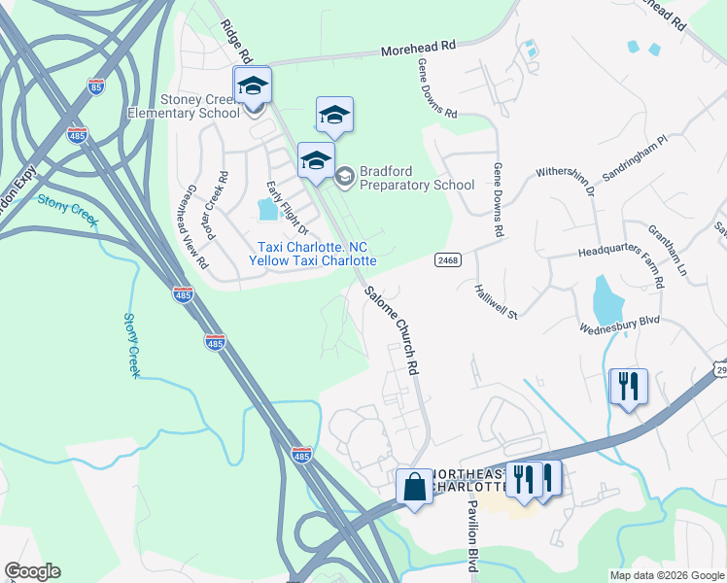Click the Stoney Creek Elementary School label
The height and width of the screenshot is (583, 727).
coord(184,107)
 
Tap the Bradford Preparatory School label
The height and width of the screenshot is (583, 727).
coord(416,178)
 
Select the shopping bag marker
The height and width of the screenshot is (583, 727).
coord(414,485)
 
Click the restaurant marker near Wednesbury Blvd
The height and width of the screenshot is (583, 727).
coord(628,386)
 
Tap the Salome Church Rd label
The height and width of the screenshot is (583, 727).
coord(393,331)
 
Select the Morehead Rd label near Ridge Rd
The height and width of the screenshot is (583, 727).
coord(418,47)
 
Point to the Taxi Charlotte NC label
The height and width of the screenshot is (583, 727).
coord(312,248)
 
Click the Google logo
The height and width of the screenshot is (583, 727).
coord(32,571)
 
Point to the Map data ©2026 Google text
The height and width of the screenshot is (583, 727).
coord(667,575)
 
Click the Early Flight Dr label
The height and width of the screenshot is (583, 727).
coord(288,209)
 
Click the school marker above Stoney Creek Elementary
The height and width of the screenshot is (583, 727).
coord(253,86)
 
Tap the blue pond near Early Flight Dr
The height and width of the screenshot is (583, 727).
coord(266,209)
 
